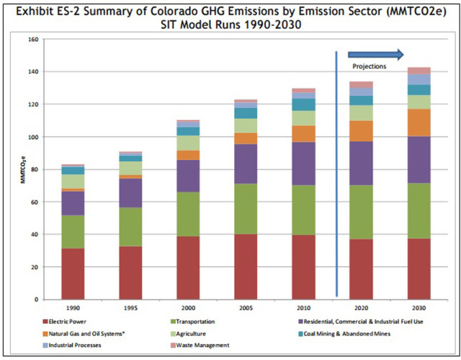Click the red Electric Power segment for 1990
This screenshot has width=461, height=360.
click(x=72, y=273)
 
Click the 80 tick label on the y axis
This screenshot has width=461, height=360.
click(x=33, y=169)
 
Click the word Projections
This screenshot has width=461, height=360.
click(x=369, y=66)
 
